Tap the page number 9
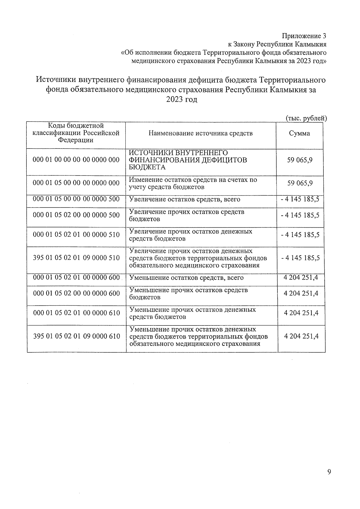click(329, 472)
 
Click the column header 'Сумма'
click(299, 133)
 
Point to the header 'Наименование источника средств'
click(201, 133)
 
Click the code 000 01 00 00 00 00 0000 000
click(76, 160)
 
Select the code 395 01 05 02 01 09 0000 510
click(76, 258)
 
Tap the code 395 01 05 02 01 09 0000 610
click(76, 336)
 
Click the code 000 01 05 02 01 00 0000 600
click(76, 277)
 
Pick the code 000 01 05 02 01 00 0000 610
click(76, 313)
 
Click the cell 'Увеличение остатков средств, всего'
click(184, 199)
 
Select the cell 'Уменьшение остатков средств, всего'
click(186, 278)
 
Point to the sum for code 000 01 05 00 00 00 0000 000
click(300, 183)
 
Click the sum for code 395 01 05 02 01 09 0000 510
click(300, 258)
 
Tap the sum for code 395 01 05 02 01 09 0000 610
click(301, 336)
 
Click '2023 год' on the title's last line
click(182, 100)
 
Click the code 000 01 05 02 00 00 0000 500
click(76, 215)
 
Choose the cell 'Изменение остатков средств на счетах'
click(193, 183)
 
